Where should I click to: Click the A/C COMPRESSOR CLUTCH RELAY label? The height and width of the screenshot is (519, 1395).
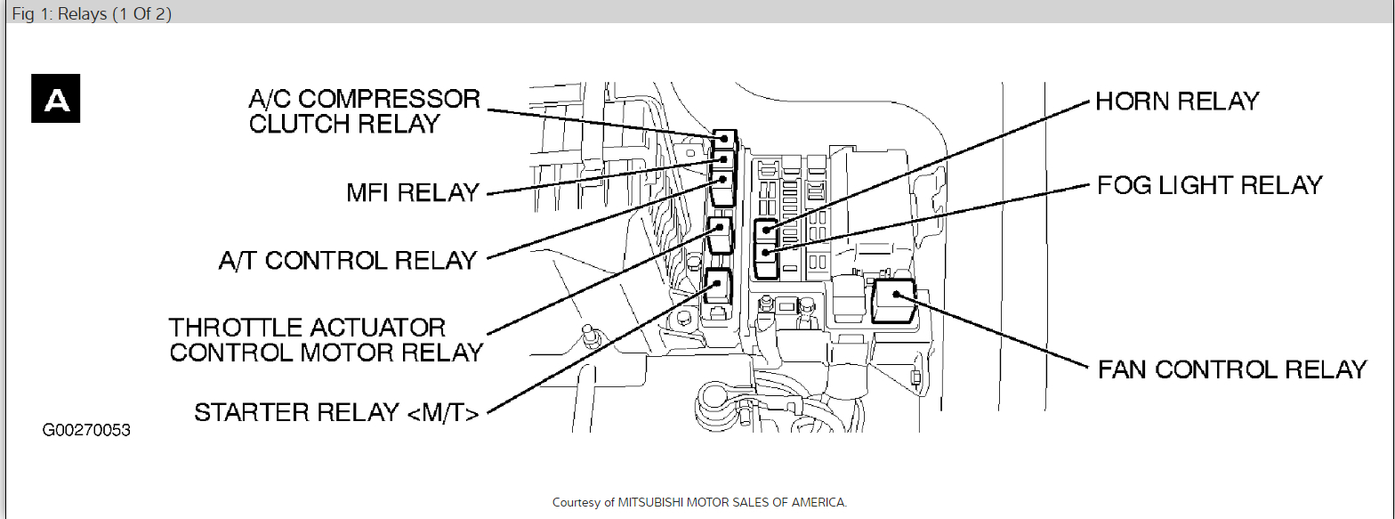pyautogui.click(x=364, y=110)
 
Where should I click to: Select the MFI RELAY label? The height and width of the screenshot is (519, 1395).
pyautogui.click(x=413, y=192)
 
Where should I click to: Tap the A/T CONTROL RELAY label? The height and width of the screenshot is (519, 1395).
pyautogui.click(x=348, y=260)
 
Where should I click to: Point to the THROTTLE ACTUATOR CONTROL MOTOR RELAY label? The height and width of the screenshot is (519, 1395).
pyautogui.click(x=326, y=339)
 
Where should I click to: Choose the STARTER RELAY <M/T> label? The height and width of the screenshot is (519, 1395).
pyautogui.click(x=337, y=412)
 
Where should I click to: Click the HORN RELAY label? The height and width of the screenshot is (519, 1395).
pyautogui.click(x=1177, y=101)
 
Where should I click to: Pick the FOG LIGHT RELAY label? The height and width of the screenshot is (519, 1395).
pyautogui.click(x=1209, y=185)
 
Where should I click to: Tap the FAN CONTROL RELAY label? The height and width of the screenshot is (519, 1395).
pyautogui.click(x=1232, y=369)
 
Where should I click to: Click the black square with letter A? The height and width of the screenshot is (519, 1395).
pyautogui.click(x=57, y=98)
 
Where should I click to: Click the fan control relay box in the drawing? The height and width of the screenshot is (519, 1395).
pyautogui.click(x=893, y=298)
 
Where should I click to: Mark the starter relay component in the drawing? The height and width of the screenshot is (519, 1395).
pyautogui.click(x=716, y=287)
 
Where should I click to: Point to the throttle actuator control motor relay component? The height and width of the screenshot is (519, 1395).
pyautogui.click(x=719, y=235)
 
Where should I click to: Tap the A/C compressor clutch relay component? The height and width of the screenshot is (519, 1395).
pyautogui.click(x=725, y=138)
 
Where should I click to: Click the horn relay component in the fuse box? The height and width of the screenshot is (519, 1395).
pyautogui.click(x=765, y=231)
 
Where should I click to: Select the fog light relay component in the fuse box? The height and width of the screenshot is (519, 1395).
pyautogui.click(x=765, y=258)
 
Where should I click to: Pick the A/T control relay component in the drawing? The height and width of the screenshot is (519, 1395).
pyautogui.click(x=723, y=187)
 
